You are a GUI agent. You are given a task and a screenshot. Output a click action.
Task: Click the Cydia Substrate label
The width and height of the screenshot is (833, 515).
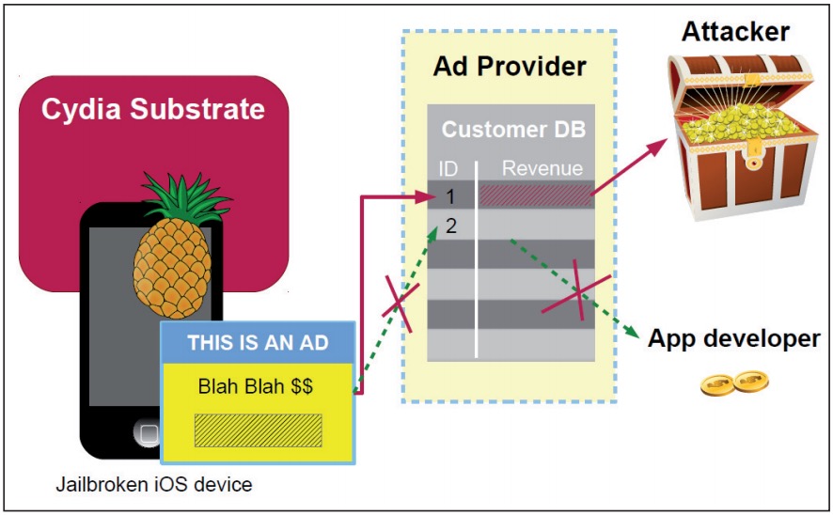[x=153, y=109]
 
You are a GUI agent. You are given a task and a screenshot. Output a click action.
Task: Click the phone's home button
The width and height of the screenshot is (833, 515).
[x=148, y=433]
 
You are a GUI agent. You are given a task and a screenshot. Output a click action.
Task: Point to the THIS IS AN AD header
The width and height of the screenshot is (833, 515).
[x=258, y=342]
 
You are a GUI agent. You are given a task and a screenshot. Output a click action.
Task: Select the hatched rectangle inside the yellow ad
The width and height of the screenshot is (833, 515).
[x=258, y=429]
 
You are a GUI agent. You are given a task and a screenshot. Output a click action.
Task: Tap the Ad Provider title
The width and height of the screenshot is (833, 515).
[x=510, y=67]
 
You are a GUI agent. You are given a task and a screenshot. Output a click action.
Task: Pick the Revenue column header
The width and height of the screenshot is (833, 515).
[x=542, y=169]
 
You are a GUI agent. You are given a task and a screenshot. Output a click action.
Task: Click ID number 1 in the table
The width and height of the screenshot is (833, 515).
[x=452, y=196]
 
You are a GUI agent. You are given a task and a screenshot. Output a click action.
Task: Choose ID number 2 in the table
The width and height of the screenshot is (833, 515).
[x=452, y=226]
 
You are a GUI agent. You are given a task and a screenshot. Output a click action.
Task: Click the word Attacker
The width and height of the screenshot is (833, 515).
[x=736, y=30]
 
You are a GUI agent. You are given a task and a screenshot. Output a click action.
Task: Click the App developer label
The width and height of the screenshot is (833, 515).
[x=733, y=338]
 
